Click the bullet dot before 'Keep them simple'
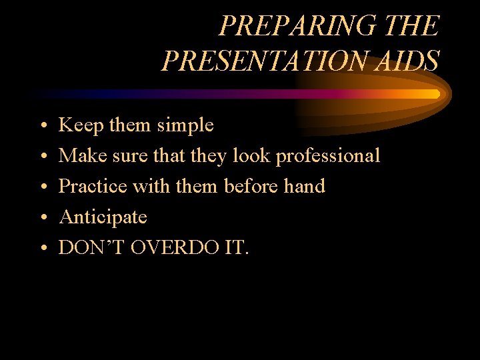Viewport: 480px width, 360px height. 42,125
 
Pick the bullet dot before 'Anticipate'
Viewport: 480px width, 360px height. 42,218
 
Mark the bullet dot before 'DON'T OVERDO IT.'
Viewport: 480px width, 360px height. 42,249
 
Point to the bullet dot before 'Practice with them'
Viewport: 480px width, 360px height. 42,187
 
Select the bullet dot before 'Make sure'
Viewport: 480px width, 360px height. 42,157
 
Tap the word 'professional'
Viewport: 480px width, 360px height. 327,156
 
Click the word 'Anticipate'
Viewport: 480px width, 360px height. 103,217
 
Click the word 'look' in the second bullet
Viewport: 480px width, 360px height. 252,156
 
